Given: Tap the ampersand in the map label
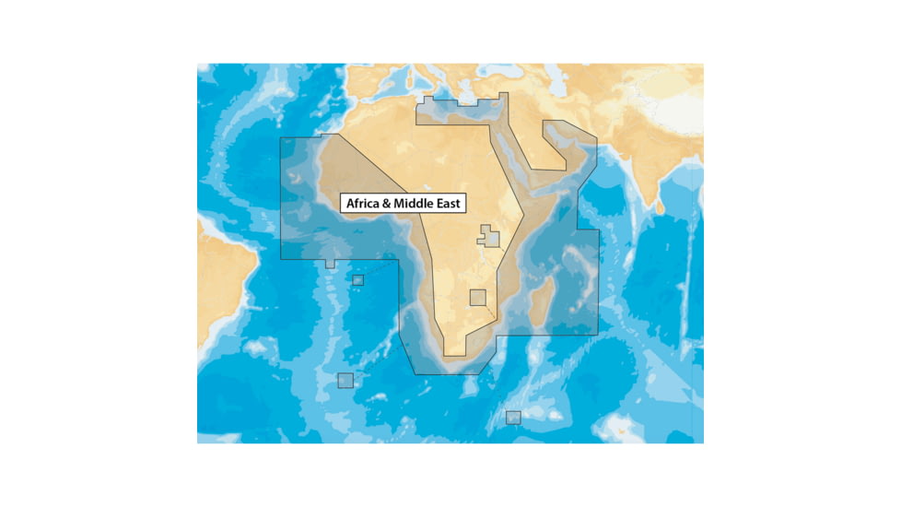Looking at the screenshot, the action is click(x=391, y=204).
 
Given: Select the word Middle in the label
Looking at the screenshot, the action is click(x=416, y=204).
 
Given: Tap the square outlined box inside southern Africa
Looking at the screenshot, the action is click(x=477, y=297).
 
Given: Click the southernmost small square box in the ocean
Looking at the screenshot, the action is click(x=513, y=417).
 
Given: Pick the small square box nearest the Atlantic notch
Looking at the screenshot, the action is click(x=357, y=279).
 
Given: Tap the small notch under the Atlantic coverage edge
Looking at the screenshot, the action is click(x=331, y=264).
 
